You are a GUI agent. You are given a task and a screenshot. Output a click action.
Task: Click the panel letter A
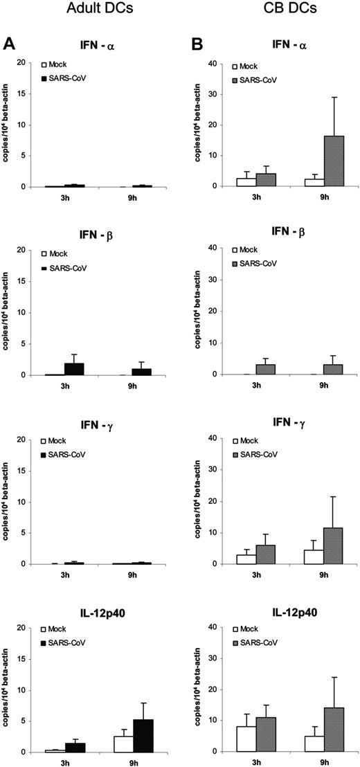point(10,43)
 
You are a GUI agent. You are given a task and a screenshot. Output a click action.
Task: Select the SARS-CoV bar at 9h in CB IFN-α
point(334,161)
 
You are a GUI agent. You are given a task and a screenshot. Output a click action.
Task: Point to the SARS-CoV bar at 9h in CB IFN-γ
point(334,546)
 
